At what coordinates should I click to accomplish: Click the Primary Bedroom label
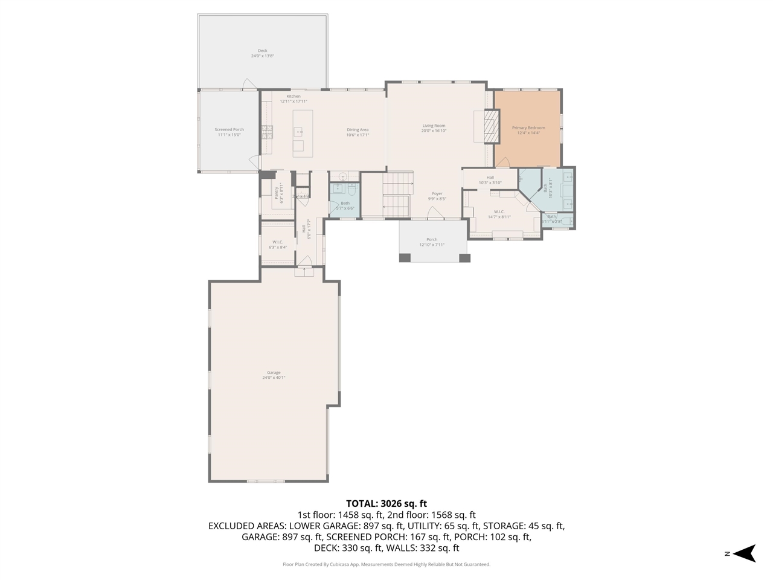528,128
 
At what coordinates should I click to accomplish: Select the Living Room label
434,126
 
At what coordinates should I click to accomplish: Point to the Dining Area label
358,130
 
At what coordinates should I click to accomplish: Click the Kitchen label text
293,97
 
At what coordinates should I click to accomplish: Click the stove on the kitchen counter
267,131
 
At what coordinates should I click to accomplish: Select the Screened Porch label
229,130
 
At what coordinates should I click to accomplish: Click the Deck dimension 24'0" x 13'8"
263,56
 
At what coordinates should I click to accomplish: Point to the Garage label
274,373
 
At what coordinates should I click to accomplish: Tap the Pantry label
277,193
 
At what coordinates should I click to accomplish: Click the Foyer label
437,194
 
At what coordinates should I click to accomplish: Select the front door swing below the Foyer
434,211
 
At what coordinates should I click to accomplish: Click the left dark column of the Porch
405,258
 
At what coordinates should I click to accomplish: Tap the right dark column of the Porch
464,258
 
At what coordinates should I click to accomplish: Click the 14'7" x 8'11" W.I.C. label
499,214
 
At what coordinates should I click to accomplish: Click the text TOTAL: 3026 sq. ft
386,503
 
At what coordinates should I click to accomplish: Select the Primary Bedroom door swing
502,162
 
